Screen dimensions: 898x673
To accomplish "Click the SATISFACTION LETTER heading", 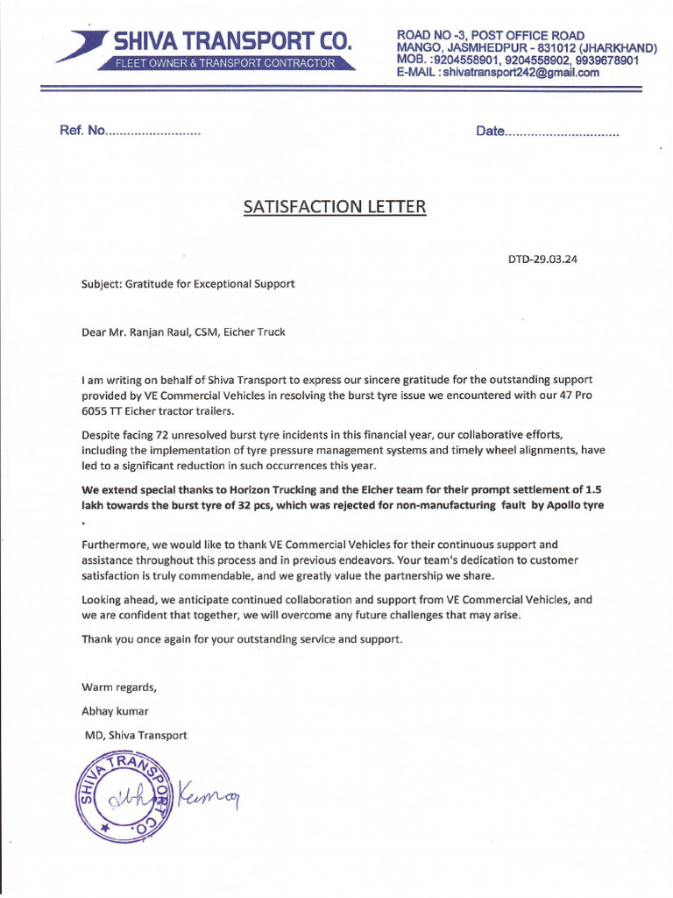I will [x=336, y=207].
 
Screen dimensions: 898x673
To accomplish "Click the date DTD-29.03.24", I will [x=543, y=260].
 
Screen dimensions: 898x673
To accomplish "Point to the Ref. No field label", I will [x=81, y=132].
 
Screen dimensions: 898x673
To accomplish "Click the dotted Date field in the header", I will [x=548, y=132].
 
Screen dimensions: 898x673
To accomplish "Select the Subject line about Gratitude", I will [x=188, y=284].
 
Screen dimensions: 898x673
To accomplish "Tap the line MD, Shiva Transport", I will [x=135, y=735].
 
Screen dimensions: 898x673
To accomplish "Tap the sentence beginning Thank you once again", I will [x=243, y=638].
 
